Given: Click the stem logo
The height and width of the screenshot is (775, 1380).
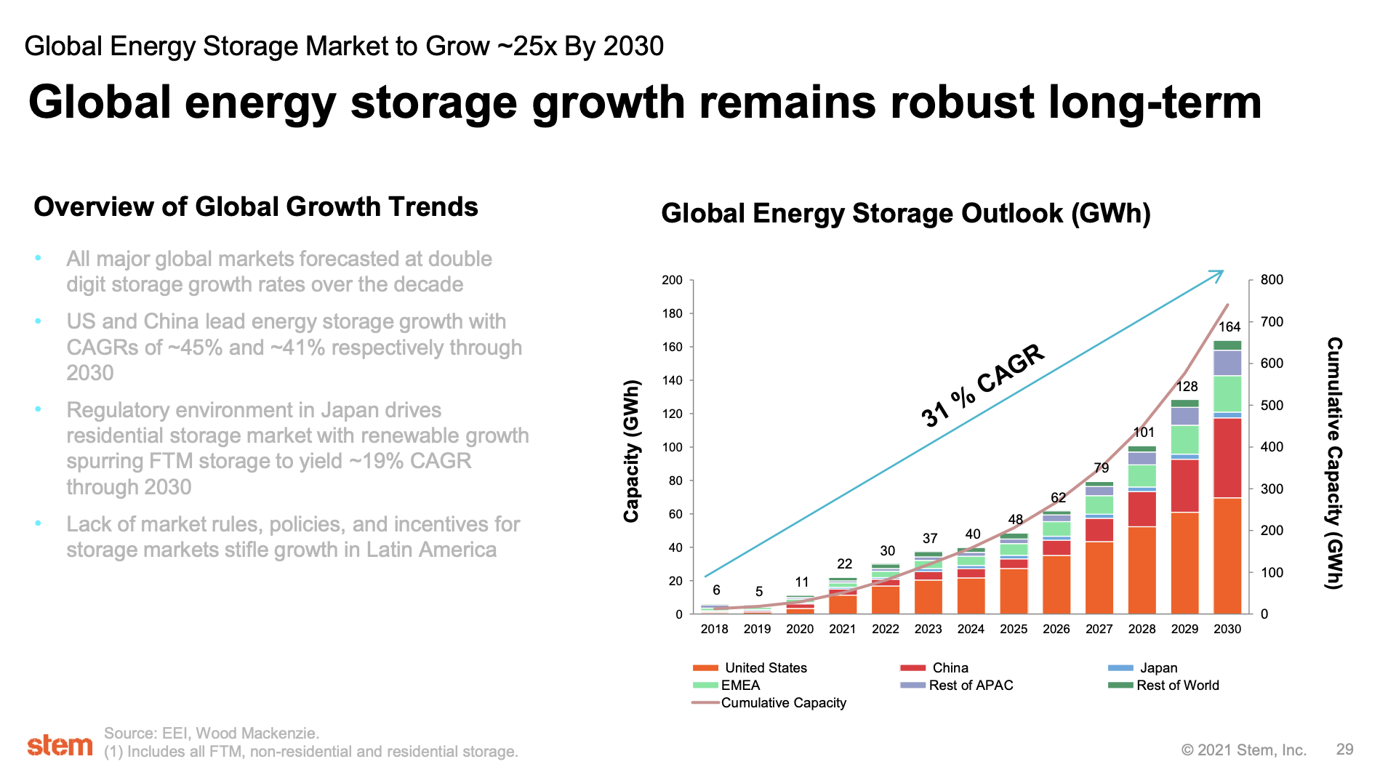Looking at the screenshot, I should (60, 745).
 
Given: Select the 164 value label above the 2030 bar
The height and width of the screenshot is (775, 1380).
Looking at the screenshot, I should (1229, 327).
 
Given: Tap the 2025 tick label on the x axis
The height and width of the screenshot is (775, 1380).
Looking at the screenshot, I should (1013, 629).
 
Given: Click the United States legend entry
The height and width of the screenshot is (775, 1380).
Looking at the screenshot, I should (765, 667).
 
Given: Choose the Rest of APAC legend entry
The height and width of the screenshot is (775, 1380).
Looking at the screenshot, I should (970, 685).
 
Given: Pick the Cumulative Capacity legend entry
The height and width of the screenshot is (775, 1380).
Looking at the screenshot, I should (783, 702).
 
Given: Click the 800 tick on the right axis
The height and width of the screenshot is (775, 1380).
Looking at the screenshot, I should (1271, 280).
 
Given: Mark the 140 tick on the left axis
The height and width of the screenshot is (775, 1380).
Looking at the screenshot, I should (672, 380).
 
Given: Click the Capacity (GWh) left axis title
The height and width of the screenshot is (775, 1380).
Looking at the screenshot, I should (631, 451).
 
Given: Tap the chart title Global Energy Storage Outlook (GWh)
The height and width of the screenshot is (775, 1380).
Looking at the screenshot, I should (905, 214).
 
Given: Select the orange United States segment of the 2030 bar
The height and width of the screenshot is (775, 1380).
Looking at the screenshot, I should (1227, 556).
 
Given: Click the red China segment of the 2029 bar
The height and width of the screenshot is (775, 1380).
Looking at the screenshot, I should (1184, 486).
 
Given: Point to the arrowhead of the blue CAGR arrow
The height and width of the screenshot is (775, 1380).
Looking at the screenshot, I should (1219, 274).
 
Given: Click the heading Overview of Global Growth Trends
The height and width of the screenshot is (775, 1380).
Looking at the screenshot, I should (256, 207).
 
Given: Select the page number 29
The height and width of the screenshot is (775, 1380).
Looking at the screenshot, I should (1344, 750).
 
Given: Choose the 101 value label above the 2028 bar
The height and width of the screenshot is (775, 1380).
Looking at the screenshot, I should (1143, 433).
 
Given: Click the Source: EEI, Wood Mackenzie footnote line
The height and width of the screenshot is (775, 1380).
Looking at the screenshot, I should (212, 733).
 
